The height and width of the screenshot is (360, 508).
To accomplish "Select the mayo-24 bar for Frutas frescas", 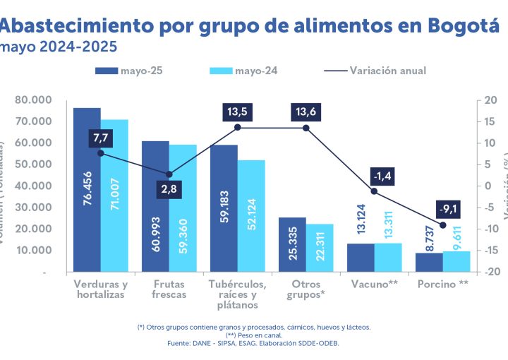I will click(x=183, y=208).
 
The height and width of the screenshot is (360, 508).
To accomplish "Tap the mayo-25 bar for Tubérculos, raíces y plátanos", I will click(x=224, y=208).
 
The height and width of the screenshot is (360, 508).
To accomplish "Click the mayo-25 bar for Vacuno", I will click(x=361, y=257).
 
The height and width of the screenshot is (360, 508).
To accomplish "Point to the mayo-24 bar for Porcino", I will click(x=456, y=261).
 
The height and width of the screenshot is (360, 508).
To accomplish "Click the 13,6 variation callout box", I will click(x=306, y=112).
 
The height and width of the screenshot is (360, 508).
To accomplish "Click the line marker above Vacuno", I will click(x=375, y=191).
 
